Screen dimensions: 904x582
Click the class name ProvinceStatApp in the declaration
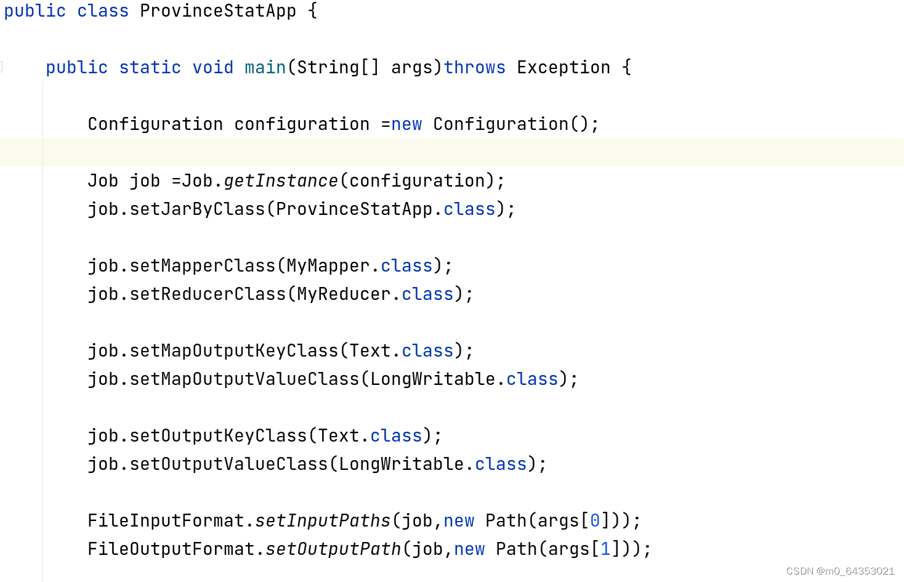(x=217, y=11)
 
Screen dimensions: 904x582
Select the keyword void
(x=212, y=68)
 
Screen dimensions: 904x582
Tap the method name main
(x=265, y=68)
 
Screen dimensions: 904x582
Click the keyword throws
(x=474, y=68)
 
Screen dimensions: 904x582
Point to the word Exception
(x=563, y=68)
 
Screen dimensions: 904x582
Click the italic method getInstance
(x=281, y=181)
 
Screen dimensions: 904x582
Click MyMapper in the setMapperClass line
(x=328, y=266)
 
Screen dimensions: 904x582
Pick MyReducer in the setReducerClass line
(x=344, y=294)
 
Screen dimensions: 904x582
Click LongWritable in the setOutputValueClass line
(x=401, y=464)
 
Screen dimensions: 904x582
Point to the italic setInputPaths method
(x=323, y=521)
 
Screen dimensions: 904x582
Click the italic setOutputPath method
(x=333, y=549)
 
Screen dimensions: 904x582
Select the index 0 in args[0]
(x=595, y=521)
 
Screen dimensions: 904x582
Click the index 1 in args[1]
(x=605, y=549)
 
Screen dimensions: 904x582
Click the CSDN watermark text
(x=840, y=571)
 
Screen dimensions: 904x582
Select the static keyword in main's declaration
(x=150, y=68)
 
